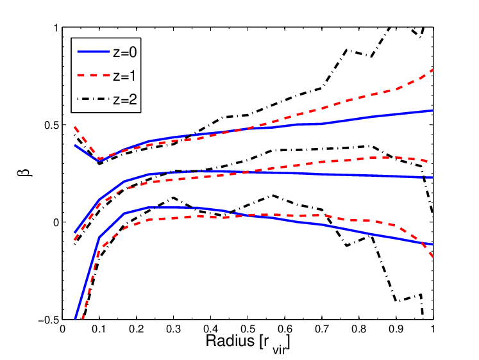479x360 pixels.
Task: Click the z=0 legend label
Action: pos(124,53)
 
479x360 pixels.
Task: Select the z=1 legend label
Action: pos(124,76)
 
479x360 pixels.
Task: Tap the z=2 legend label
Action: pos(124,99)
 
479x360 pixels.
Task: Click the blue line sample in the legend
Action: pos(94,52)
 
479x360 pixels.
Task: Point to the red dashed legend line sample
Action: pos(94,76)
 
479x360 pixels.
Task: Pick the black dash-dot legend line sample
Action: pos(94,99)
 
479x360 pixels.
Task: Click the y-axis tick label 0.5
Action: pos(51,125)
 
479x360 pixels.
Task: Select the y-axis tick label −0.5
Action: pos(48,320)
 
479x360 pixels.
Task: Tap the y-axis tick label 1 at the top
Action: pos(56,28)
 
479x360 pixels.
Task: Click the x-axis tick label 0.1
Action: pos(99,329)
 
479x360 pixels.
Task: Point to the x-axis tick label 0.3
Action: pos(173,329)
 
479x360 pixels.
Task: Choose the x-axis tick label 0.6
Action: pos(285,329)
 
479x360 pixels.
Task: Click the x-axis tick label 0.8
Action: pos(359,329)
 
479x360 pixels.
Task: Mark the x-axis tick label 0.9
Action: pos(396,329)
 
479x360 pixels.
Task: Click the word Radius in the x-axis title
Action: pos(230,341)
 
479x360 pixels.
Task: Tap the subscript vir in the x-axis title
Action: pos(279,350)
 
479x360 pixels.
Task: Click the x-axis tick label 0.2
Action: pos(136,329)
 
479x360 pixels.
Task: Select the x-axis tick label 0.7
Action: pos(322,329)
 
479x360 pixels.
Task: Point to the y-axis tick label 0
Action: pos(56,223)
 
